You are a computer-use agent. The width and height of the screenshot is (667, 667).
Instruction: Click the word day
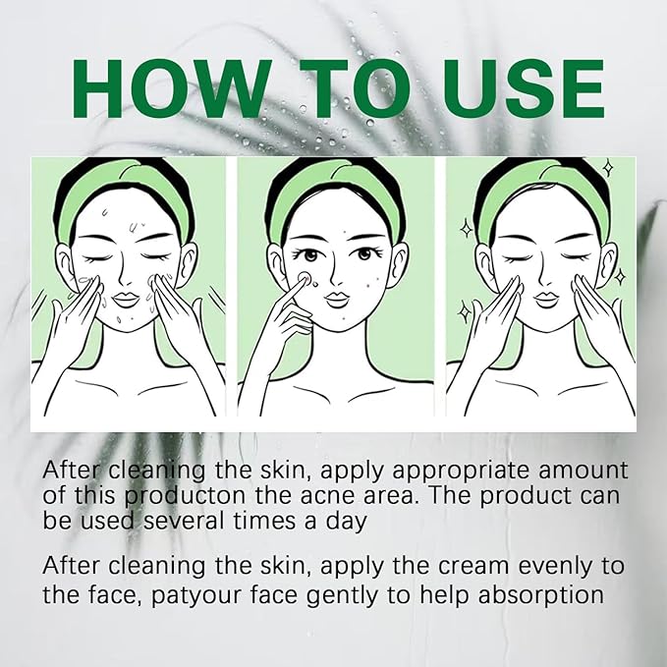pos(348,522)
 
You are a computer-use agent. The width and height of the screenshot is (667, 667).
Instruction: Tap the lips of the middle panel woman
pos(336,299)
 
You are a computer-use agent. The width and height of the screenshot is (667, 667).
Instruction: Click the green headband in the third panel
pos(543,187)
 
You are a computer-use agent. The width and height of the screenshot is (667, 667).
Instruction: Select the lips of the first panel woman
pos(126,299)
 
